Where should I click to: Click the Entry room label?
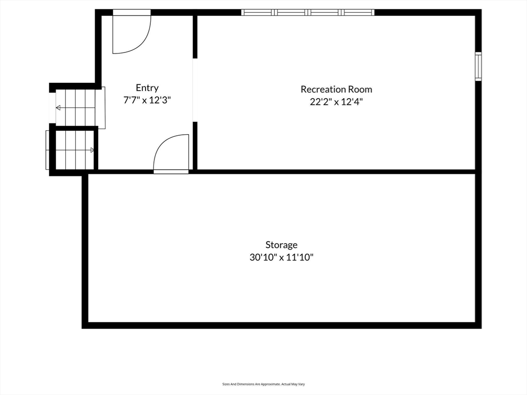point(147,88)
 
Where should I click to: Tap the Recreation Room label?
point(336,89)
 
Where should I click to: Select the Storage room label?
point(281,245)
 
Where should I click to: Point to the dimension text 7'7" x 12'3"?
point(147,100)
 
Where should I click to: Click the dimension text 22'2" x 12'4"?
point(336,102)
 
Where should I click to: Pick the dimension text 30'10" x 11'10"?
point(281,258)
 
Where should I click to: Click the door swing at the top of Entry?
point(130,33)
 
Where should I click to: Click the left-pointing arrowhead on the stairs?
point(58,107)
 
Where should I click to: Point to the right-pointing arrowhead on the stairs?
point(92,150)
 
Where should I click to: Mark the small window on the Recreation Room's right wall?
point(478,66)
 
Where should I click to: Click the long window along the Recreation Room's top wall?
point(308,12)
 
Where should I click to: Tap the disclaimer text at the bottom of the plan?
point(263,384)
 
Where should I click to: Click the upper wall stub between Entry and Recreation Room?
point(195,36)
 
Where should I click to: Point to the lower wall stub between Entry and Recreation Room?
point(195,146)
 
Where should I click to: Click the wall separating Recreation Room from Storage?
point(335,171)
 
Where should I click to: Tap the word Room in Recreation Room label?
point(360,89)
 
